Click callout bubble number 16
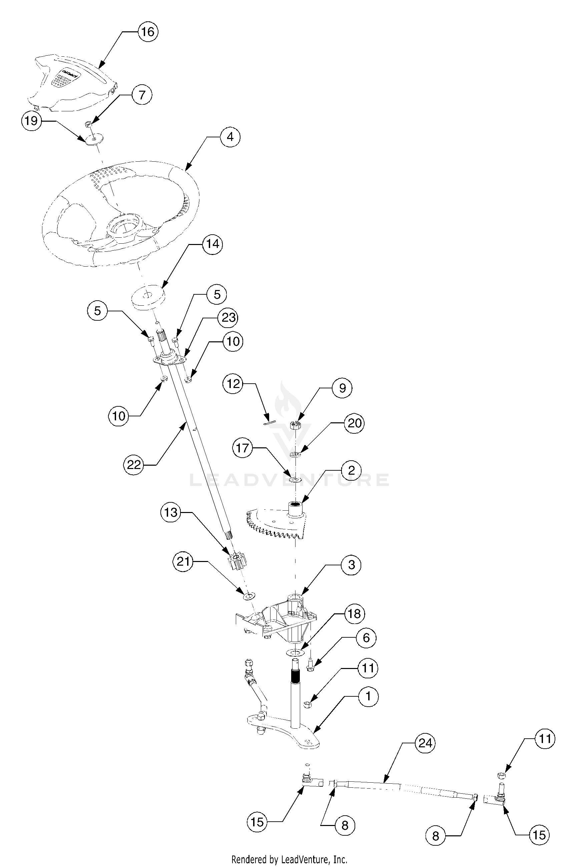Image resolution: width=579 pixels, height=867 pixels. (148, 32)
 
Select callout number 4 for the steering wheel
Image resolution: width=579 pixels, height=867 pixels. (230, 137)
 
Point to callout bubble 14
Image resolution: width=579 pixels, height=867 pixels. (212, 244)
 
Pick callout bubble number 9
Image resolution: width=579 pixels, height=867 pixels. (342, 388)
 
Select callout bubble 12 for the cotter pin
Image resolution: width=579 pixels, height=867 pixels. (233, 384)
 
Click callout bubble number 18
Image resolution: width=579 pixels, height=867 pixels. (355, 614)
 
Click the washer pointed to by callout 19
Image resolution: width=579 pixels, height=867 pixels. (94, 139)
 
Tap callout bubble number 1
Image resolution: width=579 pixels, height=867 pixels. (368, 696)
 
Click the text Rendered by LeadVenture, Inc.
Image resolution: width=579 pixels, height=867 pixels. (289, 859)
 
